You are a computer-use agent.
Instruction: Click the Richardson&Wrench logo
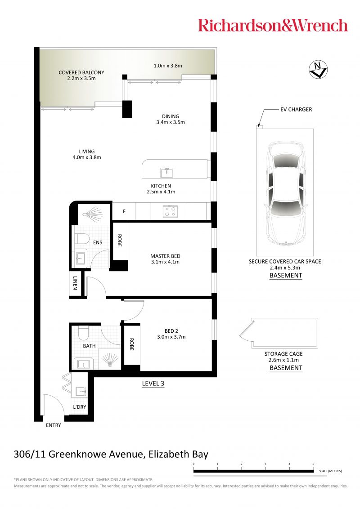pos(273,25)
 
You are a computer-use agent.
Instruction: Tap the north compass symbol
pos(318,69)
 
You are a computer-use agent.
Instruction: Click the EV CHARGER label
pos(296,109)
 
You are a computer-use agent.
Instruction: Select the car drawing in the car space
pos(285,193)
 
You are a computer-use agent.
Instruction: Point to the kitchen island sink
pos(166,172)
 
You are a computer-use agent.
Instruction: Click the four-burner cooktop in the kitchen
pos(170,211)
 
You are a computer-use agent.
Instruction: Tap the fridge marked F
pos(124,211)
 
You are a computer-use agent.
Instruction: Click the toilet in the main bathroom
pos(83,332)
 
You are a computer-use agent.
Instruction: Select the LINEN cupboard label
pos(75,283)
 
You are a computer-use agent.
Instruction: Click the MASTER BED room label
pos(166,256)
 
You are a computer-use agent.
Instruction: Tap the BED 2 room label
pos(171,331)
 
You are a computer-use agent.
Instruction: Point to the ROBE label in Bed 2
pos(131,344)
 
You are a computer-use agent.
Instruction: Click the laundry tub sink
pos(81,392)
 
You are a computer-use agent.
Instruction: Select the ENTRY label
pos(53,425)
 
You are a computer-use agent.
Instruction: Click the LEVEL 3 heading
pos(153,384)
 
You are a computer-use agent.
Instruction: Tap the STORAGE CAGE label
pos(283,354)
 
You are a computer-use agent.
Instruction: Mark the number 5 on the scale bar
pos(313,464)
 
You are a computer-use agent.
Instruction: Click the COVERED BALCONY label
pos(81,72)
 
